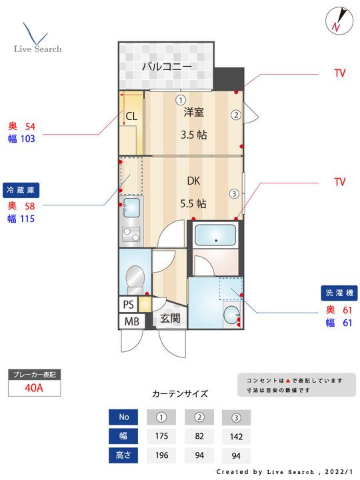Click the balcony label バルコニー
click(167, 66)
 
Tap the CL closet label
click(131, 116)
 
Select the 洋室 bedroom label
click(193, 112)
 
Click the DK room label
click(193, 181)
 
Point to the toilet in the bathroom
click(135, 279)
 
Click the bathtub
click(215, 235)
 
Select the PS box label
click(128, 304)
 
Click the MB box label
click(131, 321)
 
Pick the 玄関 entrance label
click(170, 319)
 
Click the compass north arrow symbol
click(339, 21)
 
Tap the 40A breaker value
click(34, 388)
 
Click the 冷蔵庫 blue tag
click(21, 190)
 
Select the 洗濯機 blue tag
click(339, 293)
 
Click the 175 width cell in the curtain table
click(161, 436)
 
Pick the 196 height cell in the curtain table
click(161, 455)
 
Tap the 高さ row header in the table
click(123, 455)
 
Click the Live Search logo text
click(37, 49)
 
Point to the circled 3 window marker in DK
click(234, 193)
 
